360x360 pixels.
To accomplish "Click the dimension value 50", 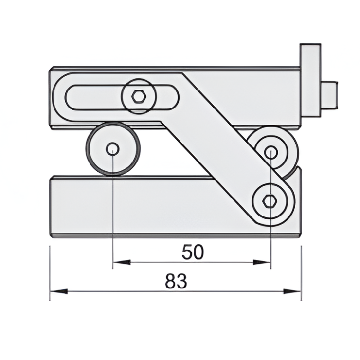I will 193,252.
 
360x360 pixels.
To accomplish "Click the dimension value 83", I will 176,282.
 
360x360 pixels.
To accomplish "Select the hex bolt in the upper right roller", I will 271,153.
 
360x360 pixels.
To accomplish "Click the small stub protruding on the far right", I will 330,94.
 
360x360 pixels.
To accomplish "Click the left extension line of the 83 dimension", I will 50,272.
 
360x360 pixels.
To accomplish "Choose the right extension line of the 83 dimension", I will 301,272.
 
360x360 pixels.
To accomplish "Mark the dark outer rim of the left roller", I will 89,148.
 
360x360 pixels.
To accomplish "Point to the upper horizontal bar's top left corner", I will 51,68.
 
